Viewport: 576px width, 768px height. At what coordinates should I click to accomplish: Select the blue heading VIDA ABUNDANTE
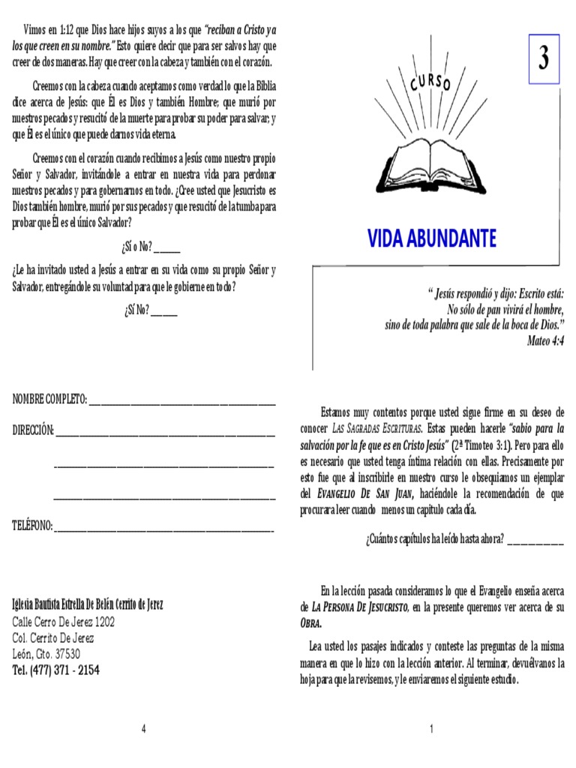pos(431,238)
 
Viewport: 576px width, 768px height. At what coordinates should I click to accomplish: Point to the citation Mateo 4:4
pos(545,340)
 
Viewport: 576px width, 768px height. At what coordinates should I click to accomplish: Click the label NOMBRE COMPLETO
pos(49,399)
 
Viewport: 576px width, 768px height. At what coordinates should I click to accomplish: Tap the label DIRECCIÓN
pos(33,430)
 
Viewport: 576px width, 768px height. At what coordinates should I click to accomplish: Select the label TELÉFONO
pos(32,526)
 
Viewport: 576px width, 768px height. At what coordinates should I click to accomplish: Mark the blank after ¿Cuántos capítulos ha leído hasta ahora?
pos(535,541)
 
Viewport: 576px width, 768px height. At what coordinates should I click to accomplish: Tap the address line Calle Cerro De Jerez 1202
pos(64,622)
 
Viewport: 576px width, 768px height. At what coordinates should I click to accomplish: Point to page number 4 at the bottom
pos(143,730)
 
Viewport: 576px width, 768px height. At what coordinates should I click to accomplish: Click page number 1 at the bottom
pos(432,730)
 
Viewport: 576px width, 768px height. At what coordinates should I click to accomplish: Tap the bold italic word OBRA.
pos(310,623)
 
